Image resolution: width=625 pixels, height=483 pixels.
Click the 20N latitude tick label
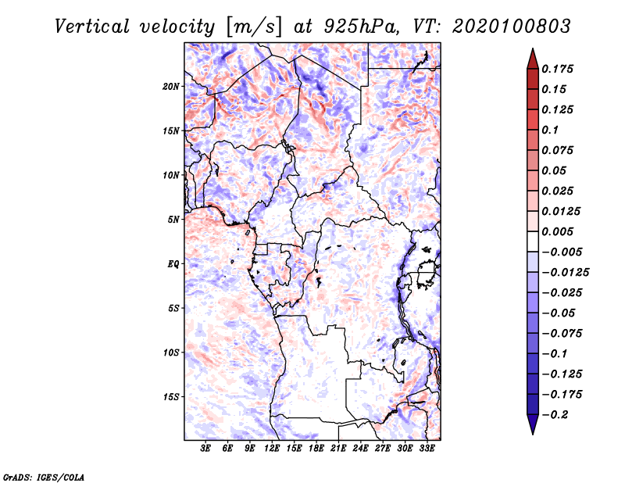point(170,86)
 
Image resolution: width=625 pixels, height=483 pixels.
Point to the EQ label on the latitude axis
point(173,263)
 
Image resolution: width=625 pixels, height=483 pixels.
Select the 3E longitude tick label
point(205,448)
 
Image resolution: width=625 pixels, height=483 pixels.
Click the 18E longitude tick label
point(316,448)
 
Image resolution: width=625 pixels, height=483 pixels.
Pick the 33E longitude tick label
point(427,448)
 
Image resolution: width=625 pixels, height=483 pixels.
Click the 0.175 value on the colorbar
point(557,69)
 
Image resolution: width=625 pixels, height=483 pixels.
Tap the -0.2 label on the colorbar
point(555,415)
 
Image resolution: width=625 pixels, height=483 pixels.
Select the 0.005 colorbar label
point(557,231)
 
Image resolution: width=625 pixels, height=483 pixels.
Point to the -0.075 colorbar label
point(562,334)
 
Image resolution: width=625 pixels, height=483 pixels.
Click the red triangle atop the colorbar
point(533,59)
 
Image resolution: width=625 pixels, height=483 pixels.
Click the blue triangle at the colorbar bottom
point(533,424)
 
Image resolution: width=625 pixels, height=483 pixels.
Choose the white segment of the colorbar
point(533,241)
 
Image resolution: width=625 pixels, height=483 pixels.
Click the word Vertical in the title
point(92,27)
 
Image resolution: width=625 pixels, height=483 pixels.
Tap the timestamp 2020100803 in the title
point(512,27)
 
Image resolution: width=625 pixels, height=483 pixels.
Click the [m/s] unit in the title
point(254,27)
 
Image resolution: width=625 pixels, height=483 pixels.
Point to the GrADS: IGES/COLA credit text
point(44,477)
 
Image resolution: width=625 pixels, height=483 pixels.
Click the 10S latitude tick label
point(170,352)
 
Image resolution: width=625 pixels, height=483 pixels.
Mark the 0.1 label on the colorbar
point(550,130)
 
